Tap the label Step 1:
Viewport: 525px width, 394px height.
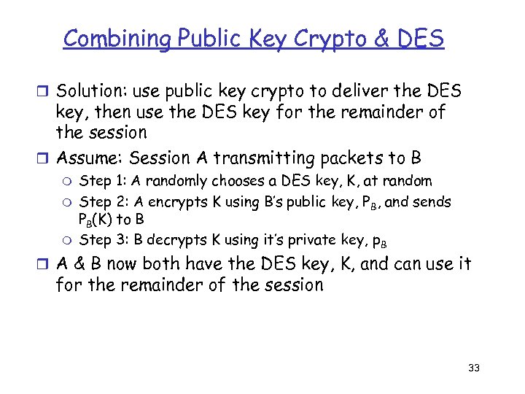(103, 180)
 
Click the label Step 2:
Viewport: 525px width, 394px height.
(103, 201)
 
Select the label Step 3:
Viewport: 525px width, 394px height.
(103, 239)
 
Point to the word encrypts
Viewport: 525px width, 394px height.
(173, 201)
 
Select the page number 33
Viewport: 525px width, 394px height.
(473, 368)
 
